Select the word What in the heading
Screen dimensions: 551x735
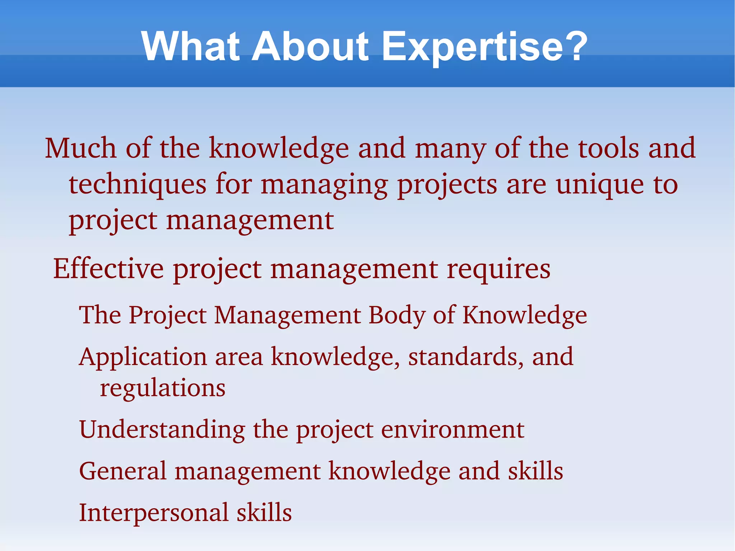(190, 47)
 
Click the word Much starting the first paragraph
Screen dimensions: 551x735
(80, 148)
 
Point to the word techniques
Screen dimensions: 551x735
(137, 185)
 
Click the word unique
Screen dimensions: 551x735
(600, 185)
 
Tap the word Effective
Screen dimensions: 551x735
(108, 269)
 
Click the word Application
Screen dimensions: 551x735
(143, 358)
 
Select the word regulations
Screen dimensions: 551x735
(163, 389)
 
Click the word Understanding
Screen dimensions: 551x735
(162, 430)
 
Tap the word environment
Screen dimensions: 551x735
(453, 430)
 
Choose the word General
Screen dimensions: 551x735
(122, 471)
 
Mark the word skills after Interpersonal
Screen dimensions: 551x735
(264, 512)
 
